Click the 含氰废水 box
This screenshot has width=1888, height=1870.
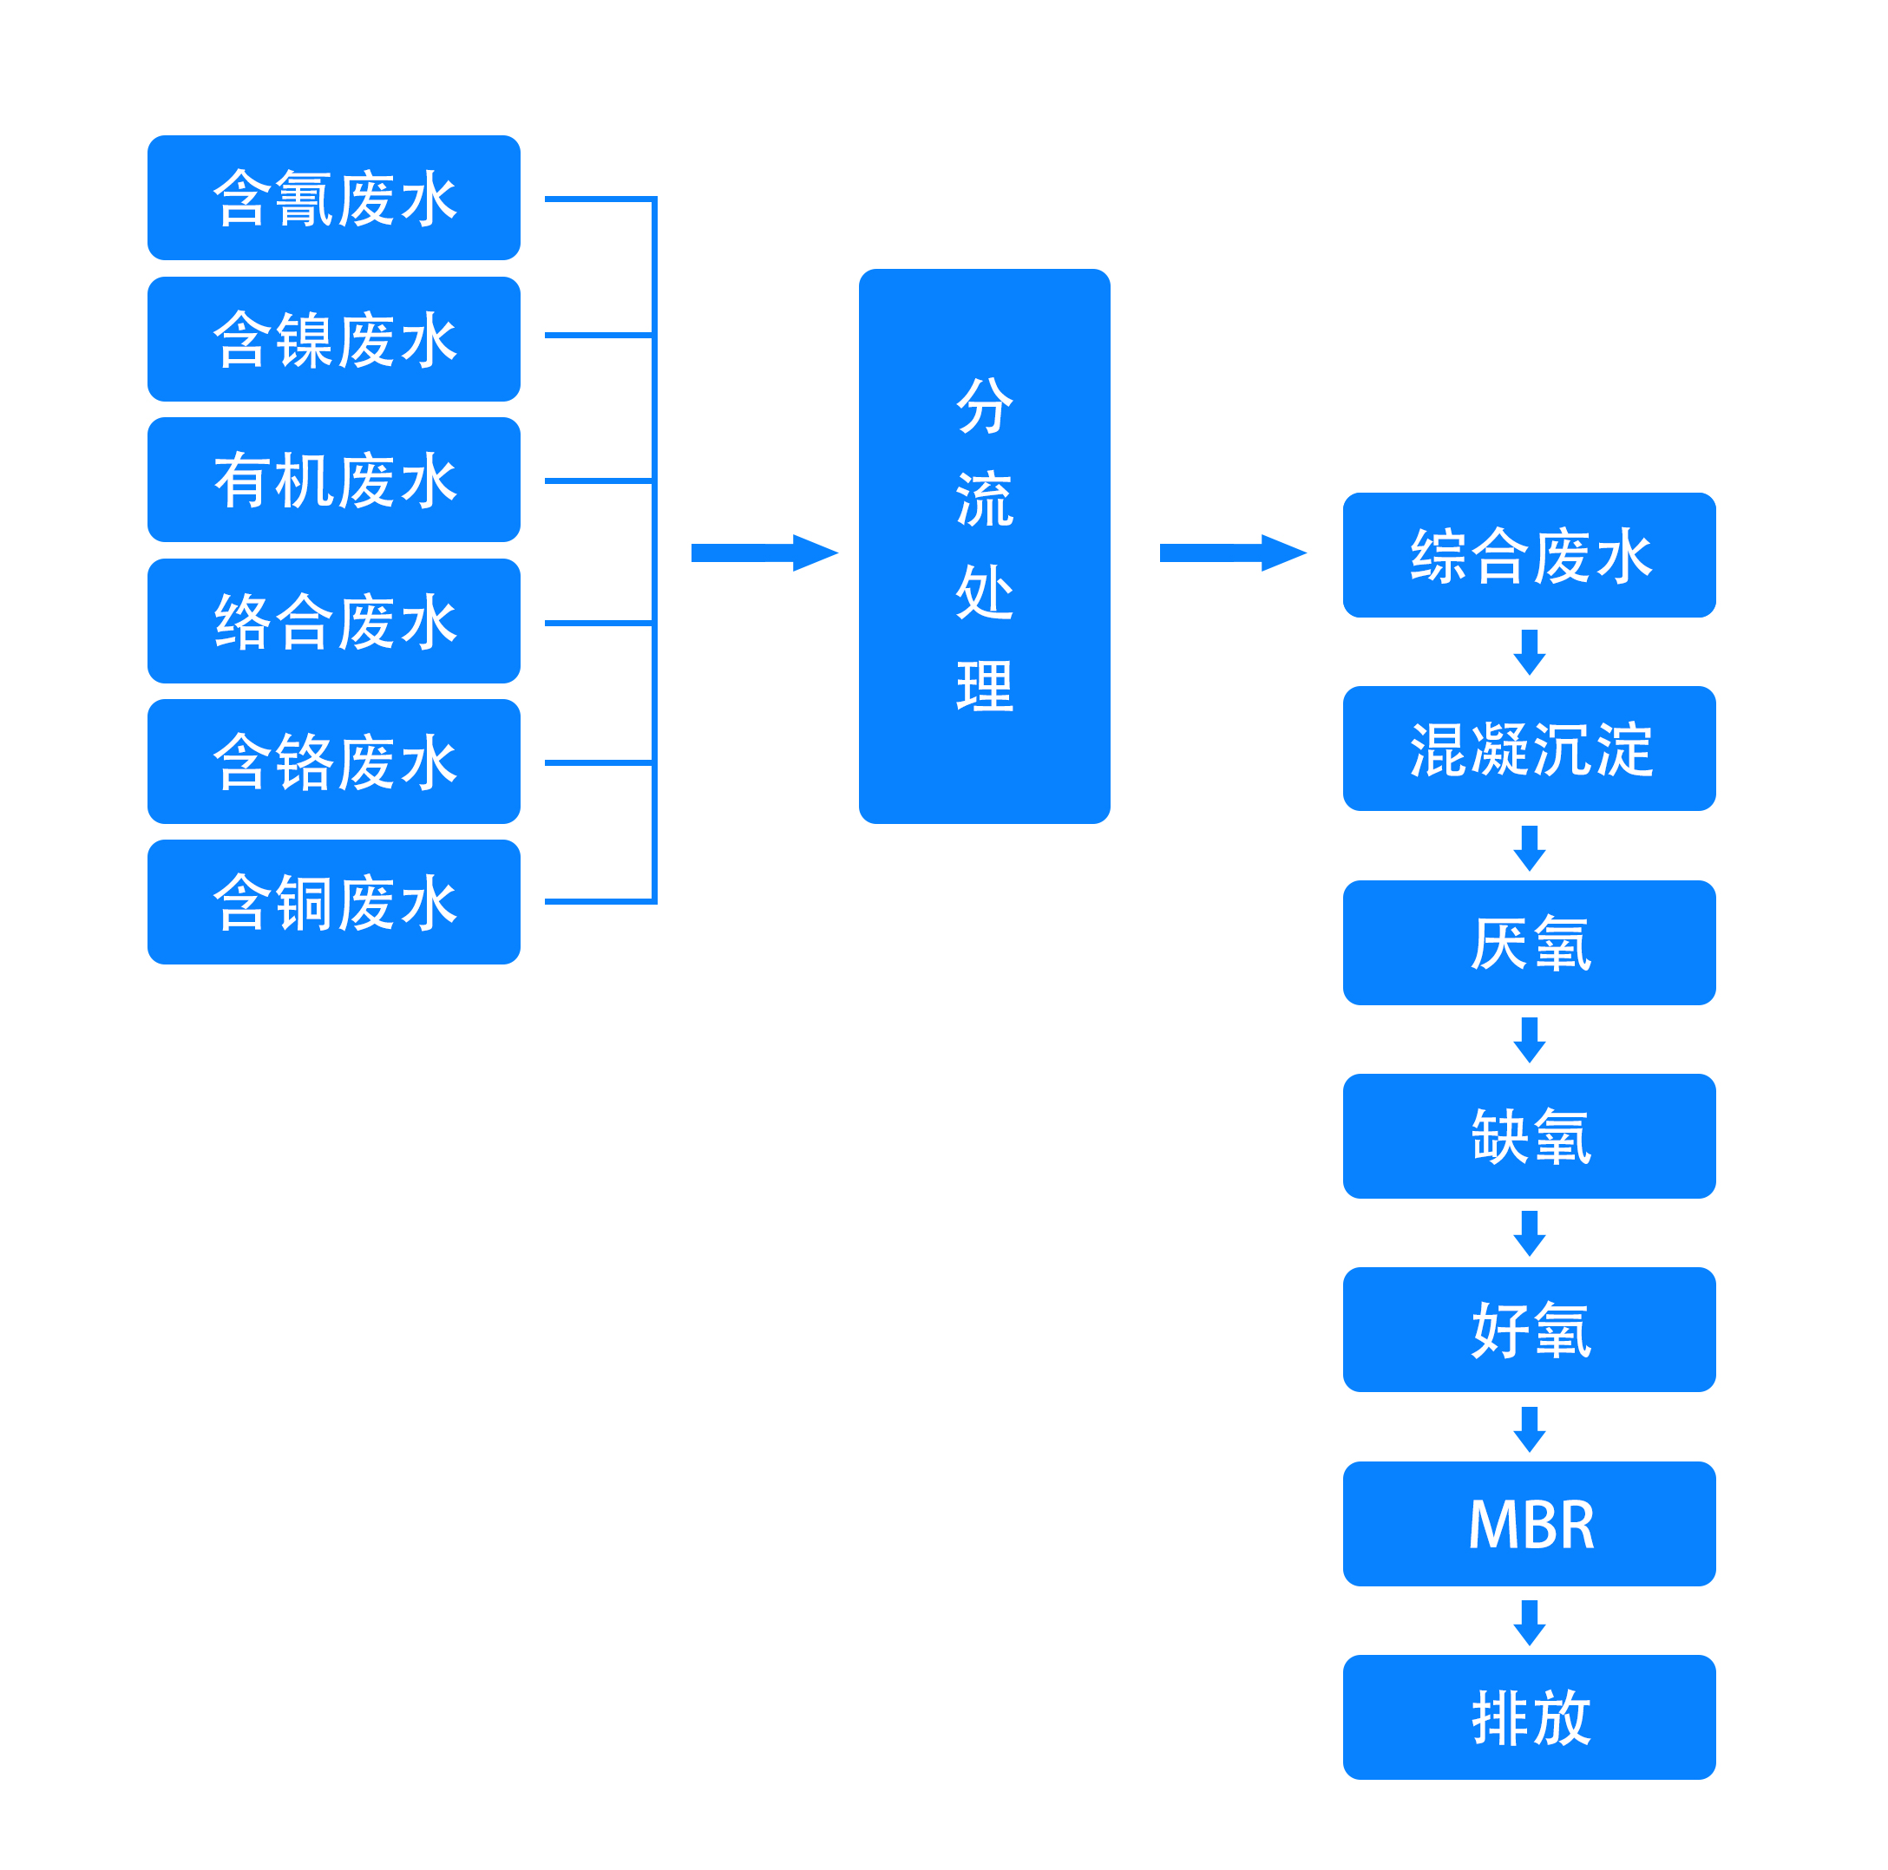333,198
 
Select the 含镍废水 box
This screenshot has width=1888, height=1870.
333,339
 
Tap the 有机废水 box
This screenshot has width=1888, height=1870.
333,480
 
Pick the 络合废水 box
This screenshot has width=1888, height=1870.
333,620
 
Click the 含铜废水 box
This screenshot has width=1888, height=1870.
333,902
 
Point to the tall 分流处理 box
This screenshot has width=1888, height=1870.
984,546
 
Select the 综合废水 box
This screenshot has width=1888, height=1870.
1530,555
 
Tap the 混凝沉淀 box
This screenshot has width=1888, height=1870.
1530,749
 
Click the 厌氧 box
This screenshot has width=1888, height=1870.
1530,943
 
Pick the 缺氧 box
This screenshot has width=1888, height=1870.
1530,1136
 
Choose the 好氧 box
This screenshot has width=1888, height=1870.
1530,1330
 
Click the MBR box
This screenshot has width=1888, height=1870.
1530,1524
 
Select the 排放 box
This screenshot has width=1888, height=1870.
1530,1717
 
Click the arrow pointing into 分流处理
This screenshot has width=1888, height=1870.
764,553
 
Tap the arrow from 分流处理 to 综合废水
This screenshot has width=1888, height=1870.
1233,553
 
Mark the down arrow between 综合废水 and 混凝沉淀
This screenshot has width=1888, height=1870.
1530,651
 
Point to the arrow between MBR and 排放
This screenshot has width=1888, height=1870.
1530,1622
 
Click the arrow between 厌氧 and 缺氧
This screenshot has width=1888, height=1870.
1530,1040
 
